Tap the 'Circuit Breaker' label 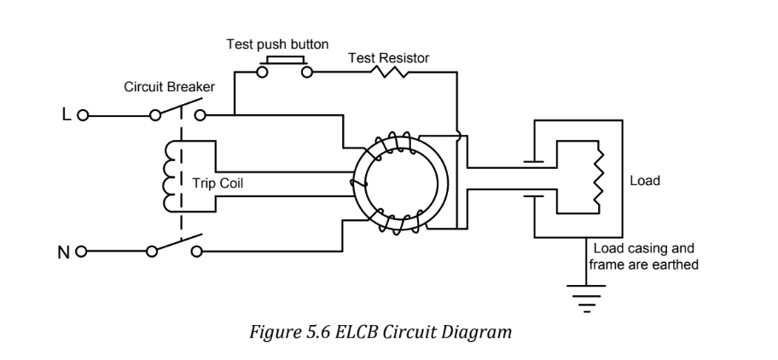click(x=167, y=87)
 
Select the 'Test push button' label click(x=277, y=44)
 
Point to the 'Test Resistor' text click(x=389, y=58)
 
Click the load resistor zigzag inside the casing click(x=599, y=180)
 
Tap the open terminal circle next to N click(x=83, y=252)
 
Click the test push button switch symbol click(x=285, y=67)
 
